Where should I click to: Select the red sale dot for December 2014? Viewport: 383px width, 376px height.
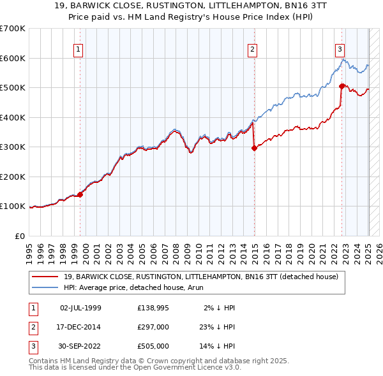point(254,148)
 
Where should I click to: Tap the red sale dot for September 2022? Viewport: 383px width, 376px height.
point(342,86)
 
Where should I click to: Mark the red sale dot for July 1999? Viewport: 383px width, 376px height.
point(80,195)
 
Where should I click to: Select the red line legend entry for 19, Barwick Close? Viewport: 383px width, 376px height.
point(204,277)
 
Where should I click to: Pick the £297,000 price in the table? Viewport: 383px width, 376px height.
point(153,327)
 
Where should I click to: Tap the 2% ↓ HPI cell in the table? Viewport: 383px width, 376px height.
point(220,308)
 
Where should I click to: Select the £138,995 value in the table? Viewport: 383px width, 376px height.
point(153,308)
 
